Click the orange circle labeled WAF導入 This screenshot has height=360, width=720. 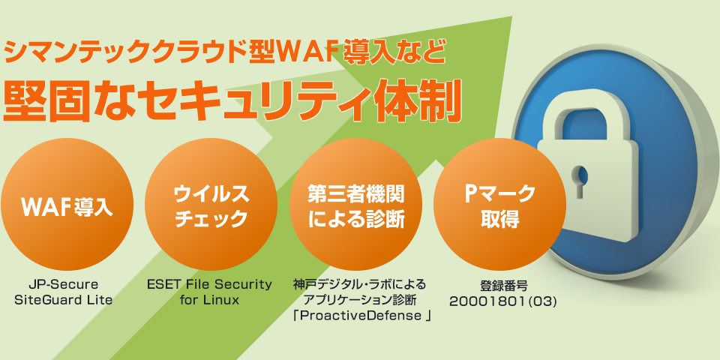click(67, 204)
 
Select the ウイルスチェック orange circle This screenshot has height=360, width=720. click(211, 204)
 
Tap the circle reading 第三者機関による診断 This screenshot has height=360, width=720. click(355, 204)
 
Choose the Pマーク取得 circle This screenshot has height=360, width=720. click(500, 204)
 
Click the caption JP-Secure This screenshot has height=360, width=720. click(63, 285)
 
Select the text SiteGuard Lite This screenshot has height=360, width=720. click(63, 300)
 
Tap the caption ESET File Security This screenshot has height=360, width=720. click(210, 285)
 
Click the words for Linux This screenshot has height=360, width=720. click(210, 300)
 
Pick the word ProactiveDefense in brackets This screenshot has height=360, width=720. click(359, 316)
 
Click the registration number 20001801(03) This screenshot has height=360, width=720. click(502, 301)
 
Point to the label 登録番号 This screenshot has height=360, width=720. click(503, 286)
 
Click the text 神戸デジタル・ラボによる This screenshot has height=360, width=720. click(359, 285)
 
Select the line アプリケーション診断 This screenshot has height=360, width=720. click(359, 300)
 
